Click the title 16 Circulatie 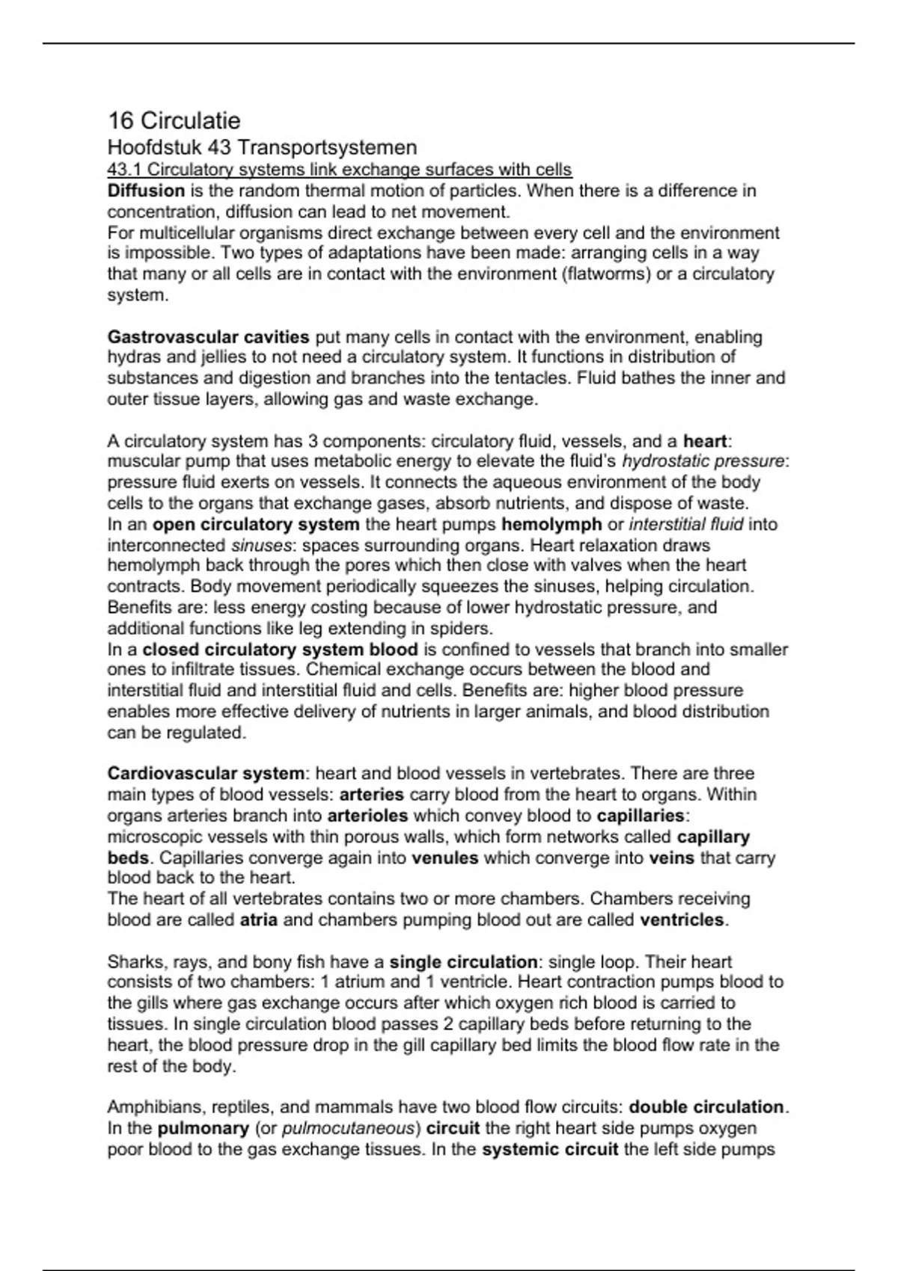pos(174,120)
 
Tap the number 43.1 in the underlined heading pos(124,170)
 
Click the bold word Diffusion pos(146,191)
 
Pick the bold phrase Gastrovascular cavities pos(208,337)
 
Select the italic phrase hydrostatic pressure pos(703,461)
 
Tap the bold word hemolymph pos(552,524)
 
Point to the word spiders pos(463,628)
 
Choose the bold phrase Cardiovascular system pos(206,773)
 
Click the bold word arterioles pos(367,815)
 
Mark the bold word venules pos(445,858)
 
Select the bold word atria pos(258,920)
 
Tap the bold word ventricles pos(682,920)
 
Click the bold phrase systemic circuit pos(550,1149)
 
